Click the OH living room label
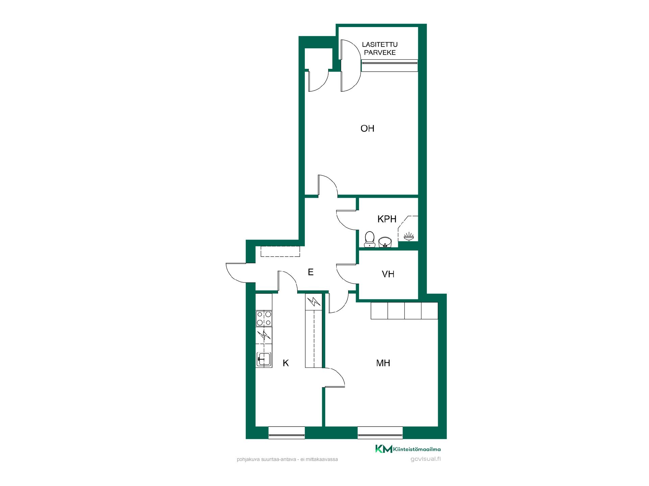point(367,129)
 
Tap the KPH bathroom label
point(387,219)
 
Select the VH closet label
point(388,274)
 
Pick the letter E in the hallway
point(311,272)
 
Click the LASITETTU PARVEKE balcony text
point(380,49)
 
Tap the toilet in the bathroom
point(369,239)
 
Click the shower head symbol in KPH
point(408,236)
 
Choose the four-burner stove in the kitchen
point(264,318)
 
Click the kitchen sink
point(264,360)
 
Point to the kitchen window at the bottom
point(287,432)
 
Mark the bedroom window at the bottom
point(380,432)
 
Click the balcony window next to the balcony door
point(390,65)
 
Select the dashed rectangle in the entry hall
point(280,251)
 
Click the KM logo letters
point(384,449)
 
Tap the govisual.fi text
point(425,459)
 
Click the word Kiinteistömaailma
point(417,449)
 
